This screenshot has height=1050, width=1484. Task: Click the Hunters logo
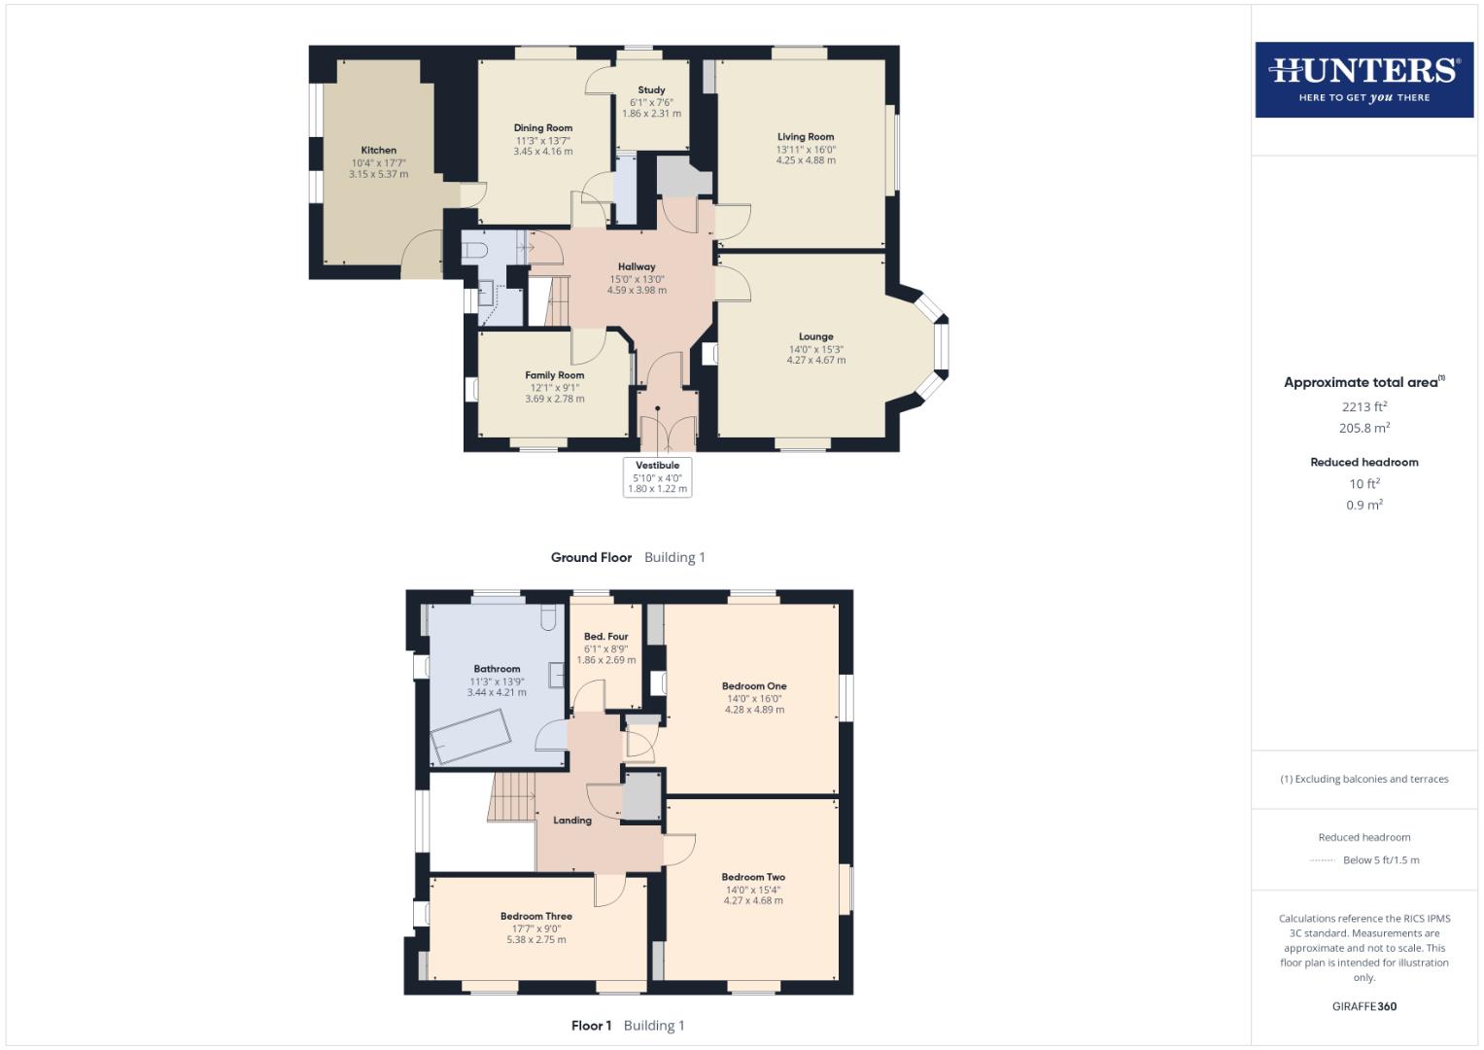coord(1363,80)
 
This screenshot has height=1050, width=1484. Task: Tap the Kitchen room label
coord(378,151)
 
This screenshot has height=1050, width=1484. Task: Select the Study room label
coord(651,90)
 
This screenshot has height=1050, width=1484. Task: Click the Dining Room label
coord(542,128)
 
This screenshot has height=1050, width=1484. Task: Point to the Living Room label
coord(805,137)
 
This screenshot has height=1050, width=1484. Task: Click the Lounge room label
coord(815,337)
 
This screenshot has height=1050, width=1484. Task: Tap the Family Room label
coord(554,375)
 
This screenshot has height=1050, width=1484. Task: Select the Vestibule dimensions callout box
coord(658,477)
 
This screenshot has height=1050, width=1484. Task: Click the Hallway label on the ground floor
coord(637,266)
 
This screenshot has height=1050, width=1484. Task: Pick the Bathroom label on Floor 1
coord(497,669)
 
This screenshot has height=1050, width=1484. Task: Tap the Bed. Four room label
coord(605,637)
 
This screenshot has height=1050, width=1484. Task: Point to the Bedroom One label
coord(754,686)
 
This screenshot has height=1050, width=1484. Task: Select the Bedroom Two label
coord(753,877)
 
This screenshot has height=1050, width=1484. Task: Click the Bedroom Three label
coord(535,916)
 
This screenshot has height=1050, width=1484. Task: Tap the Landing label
coord(572,821)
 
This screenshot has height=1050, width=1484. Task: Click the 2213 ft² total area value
coord(1363,407)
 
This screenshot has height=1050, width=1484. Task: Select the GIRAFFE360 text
coord(1363,1006)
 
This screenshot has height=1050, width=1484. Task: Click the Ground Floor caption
coord(591,558)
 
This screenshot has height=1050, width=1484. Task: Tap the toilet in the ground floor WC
coord(475,251)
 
